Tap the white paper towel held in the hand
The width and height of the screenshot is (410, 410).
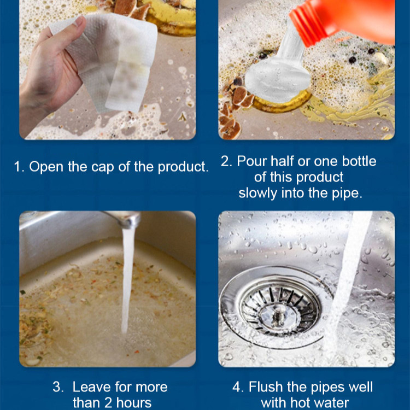pyautogui.click(x=110, y=60)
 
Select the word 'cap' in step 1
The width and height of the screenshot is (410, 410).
pyautogui.click(x=103, y=167)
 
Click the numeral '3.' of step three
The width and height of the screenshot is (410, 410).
pyautogui.click(x=58, y=387)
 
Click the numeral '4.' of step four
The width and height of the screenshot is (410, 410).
pyautogui.click(x=238, y=387)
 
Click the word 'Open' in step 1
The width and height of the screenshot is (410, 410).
pyautogui.click(x=46, y=167)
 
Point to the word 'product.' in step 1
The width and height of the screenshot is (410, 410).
pyautogui.click(x=183, y=167)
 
